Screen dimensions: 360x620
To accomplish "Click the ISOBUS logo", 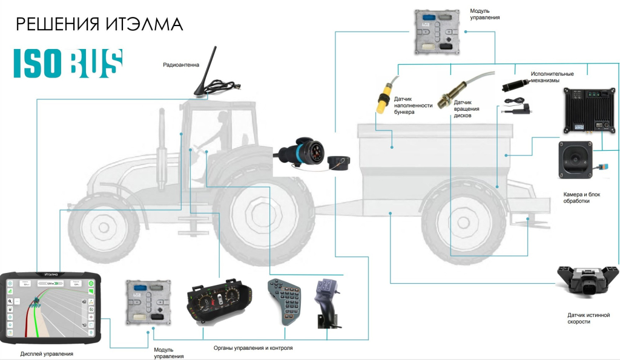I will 68,63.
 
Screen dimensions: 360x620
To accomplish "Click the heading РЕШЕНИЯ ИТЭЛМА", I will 99,24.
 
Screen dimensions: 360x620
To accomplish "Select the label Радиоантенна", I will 181,65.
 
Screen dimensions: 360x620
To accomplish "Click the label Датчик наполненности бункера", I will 413,105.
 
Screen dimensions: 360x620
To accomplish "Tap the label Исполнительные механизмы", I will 552,77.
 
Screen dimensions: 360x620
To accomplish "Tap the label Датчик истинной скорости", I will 588,318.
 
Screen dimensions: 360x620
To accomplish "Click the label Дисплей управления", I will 47,353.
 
